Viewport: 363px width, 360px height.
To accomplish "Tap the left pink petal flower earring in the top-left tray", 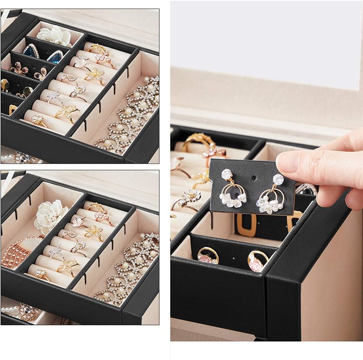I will tap(19, 69).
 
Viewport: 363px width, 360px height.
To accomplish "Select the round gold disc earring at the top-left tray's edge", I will tap(4, 84).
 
